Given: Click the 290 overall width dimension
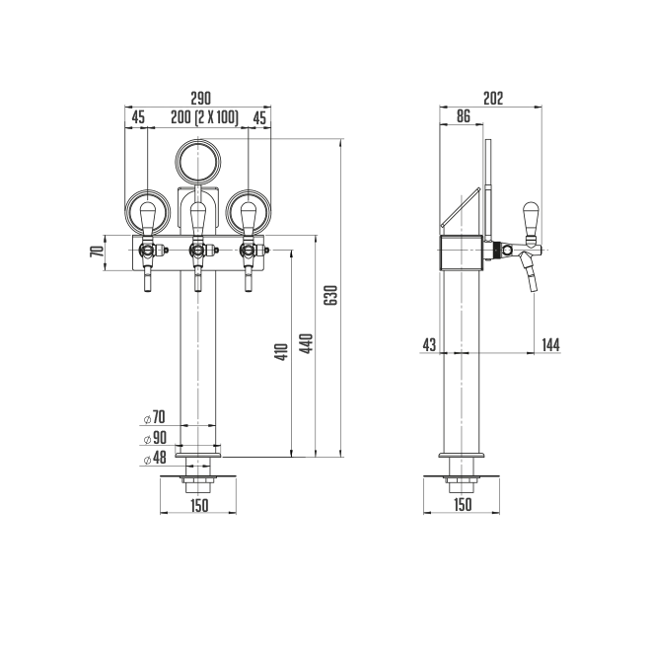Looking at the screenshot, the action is point(200,99).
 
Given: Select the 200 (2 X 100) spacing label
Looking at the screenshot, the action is point(205,117).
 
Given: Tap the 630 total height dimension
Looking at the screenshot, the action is point(330,295).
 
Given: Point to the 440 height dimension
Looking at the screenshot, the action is point(307,343).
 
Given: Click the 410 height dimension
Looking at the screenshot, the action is point(282,352).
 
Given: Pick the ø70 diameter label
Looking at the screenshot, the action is point(155,417).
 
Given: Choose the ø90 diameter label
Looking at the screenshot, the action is point(155,438).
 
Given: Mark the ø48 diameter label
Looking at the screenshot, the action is point(155,458).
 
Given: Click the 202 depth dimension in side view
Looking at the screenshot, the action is point(493,99).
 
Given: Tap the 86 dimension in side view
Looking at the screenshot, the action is point(464,116).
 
